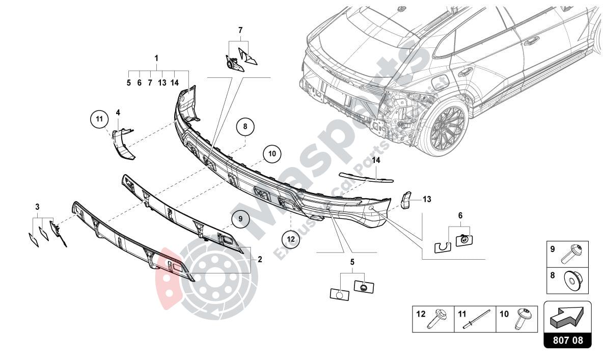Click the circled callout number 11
100,120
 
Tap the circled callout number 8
245,126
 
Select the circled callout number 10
272,153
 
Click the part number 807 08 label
568,339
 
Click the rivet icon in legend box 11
476,319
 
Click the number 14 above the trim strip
376,160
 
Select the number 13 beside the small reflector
427,199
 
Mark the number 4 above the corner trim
118,112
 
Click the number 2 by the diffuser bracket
260,259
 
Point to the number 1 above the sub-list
156,59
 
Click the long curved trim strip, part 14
367,176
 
